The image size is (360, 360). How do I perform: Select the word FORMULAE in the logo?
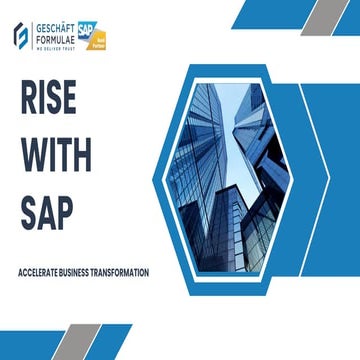coord(60,38)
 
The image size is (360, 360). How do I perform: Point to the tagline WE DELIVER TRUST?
coord(59,46)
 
